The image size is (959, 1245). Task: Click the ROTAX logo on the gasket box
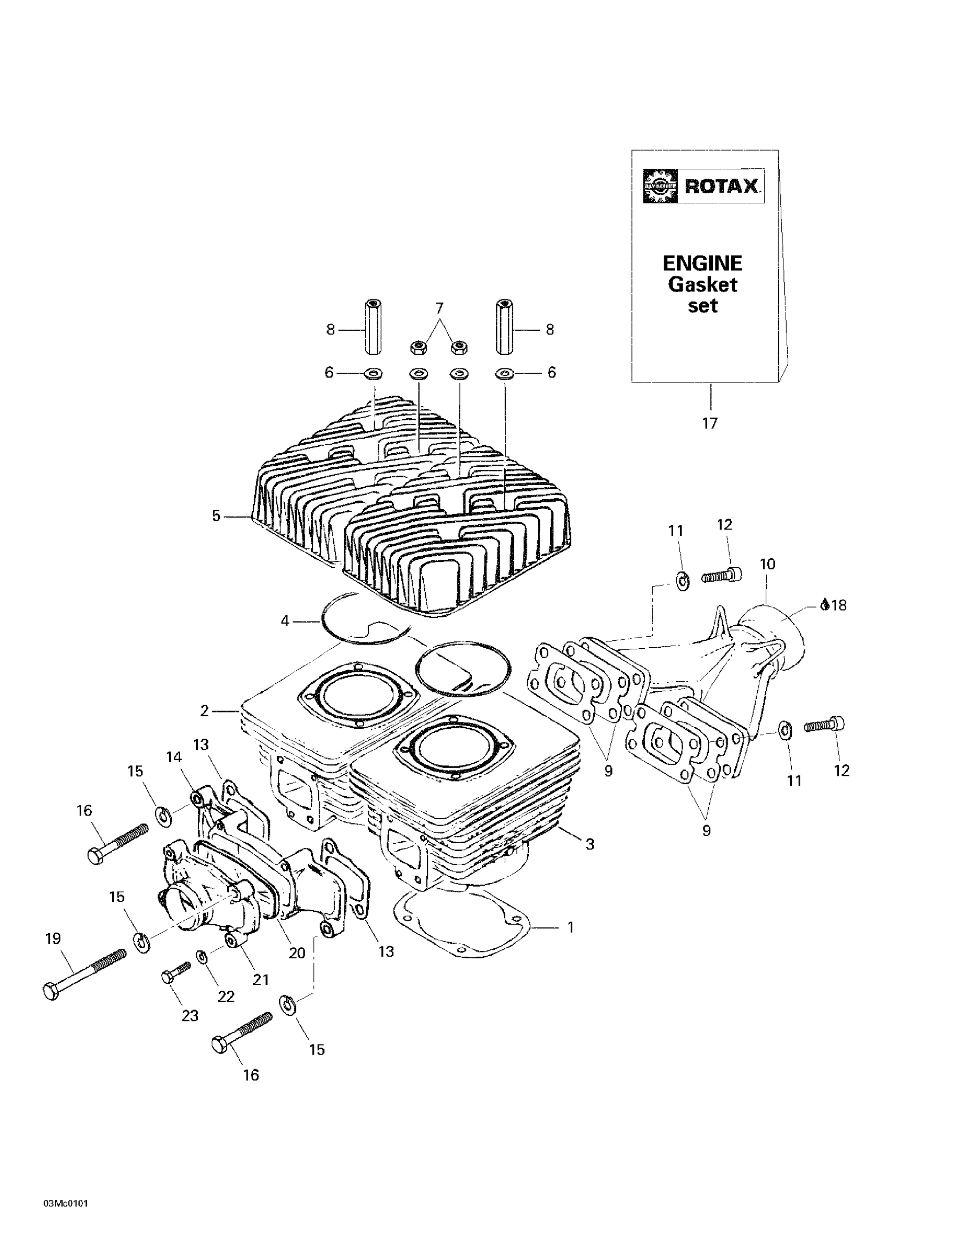[703, 186]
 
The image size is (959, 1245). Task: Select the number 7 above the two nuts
[439, 308]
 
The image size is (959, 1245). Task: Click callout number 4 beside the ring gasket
[285, 620]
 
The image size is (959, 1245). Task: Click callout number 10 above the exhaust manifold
[767, 564]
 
